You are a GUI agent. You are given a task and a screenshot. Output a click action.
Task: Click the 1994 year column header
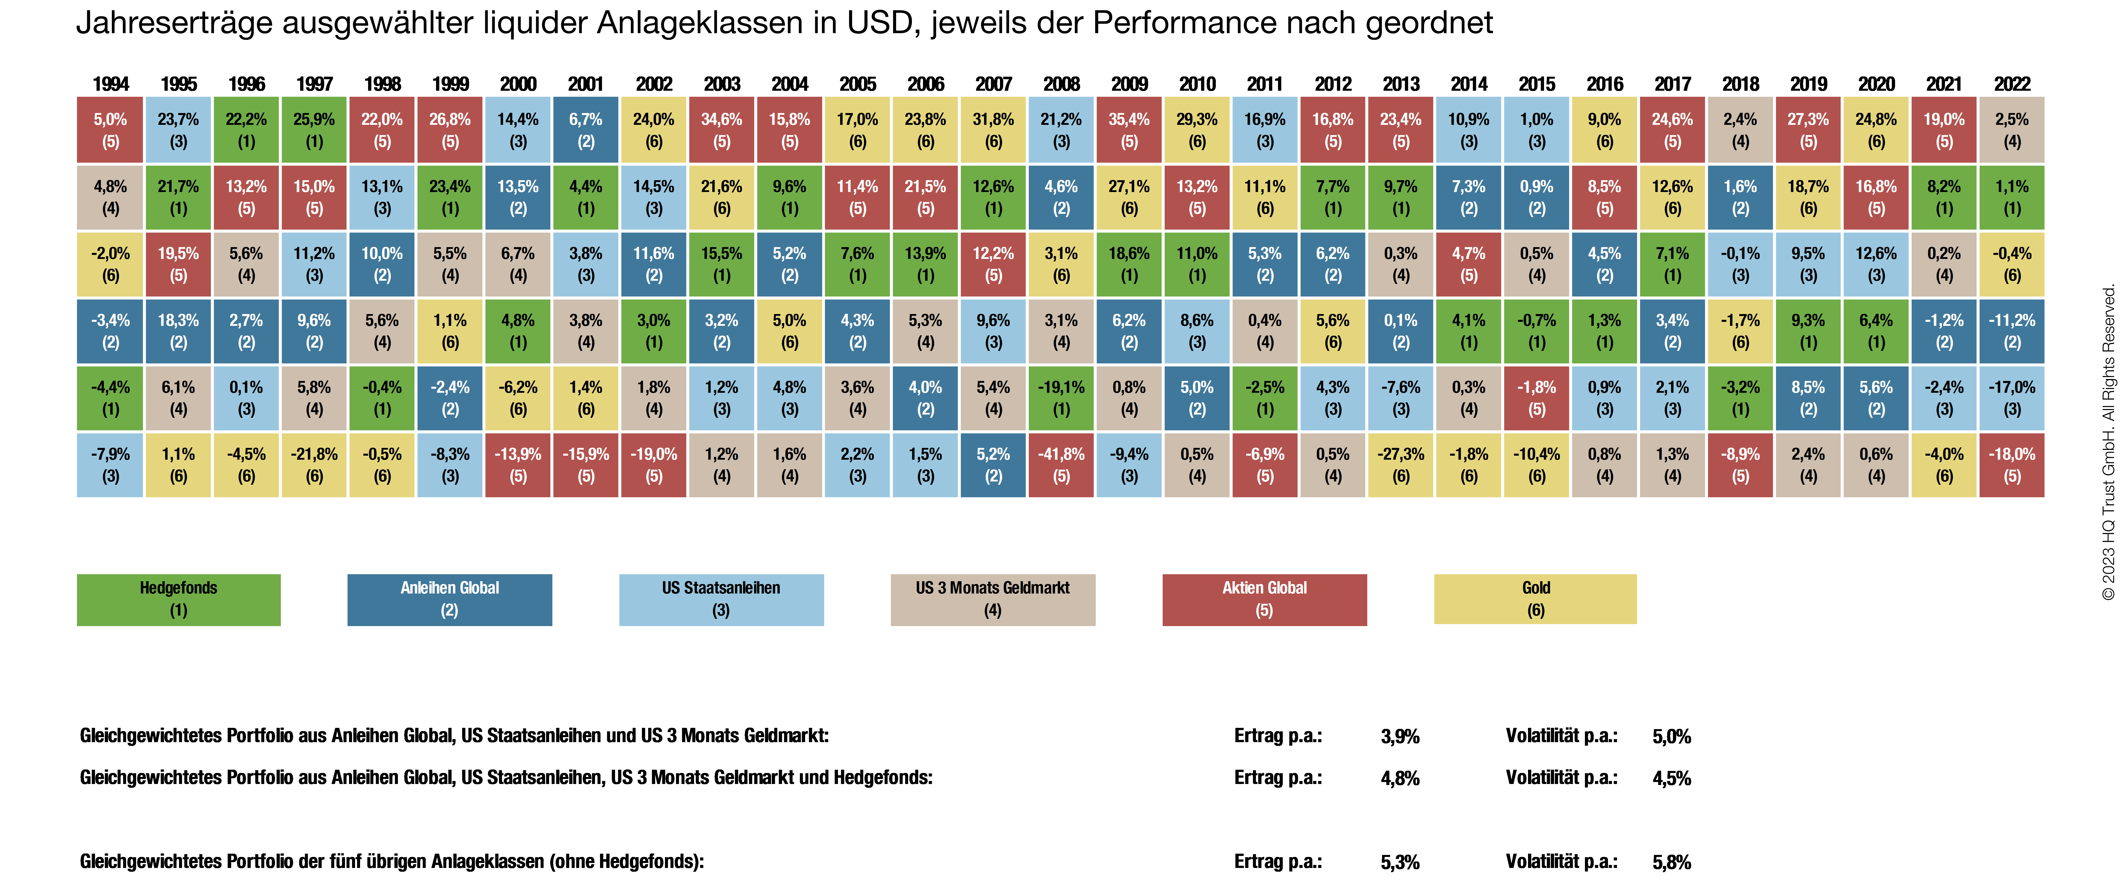coord(110,84)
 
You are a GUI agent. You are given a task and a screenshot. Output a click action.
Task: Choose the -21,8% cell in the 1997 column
coord(314,465)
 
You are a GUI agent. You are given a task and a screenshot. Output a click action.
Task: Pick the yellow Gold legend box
coord(1535,599)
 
